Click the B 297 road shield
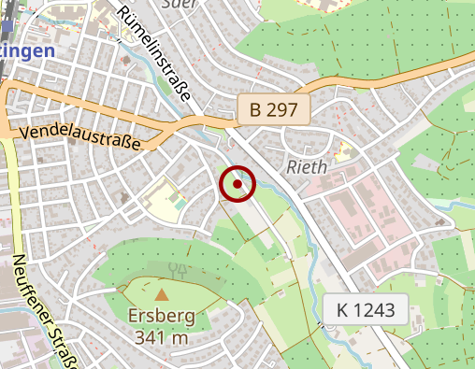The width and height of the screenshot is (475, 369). click(273, 110)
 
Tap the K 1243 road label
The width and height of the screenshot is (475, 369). click(367, 309)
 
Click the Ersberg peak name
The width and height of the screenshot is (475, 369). click(163, 316)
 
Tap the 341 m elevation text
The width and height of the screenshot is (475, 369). click(162, 336)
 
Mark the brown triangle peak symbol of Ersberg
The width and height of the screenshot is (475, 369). click(162, 294)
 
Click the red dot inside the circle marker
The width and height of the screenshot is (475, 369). click(238, 185)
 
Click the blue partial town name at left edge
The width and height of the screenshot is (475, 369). click(27, 51)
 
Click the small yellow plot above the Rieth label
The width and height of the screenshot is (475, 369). click(344, 149)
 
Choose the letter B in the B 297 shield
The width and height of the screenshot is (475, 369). click(255, 110)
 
